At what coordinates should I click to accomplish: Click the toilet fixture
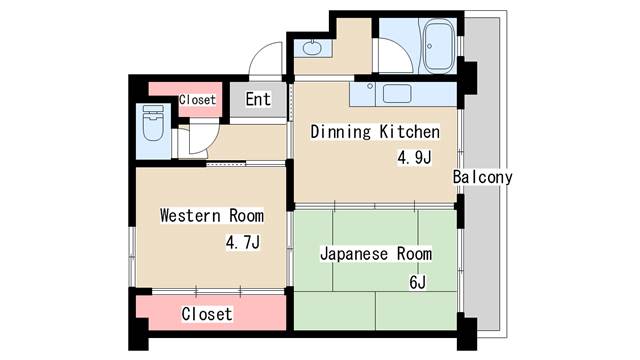tap(153, 122)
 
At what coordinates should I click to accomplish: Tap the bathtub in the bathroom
tap(438, 46)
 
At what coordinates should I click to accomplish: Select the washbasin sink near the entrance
tap(312, 48)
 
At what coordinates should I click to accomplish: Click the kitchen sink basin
tap(397, 93)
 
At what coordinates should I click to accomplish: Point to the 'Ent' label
tap(258, 99)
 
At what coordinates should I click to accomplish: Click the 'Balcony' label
tap(482, 177)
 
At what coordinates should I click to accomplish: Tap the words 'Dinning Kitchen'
tap(375, 132)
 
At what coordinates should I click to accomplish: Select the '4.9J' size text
tap(414, 157)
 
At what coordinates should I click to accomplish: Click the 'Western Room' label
tap(211, 216)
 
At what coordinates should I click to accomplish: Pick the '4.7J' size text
tap(243, 242)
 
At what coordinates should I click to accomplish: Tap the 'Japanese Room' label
tap(376, 254)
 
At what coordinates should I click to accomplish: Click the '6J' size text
tap(418, 282)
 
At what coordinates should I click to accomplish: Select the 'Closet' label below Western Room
tap(207, 314)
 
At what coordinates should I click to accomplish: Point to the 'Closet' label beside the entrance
tap(197, 100)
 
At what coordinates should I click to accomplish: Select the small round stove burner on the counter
tap(370, 87)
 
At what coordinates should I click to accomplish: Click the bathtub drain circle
tap(429, 47)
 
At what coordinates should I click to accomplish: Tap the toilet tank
tap(153, 109)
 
